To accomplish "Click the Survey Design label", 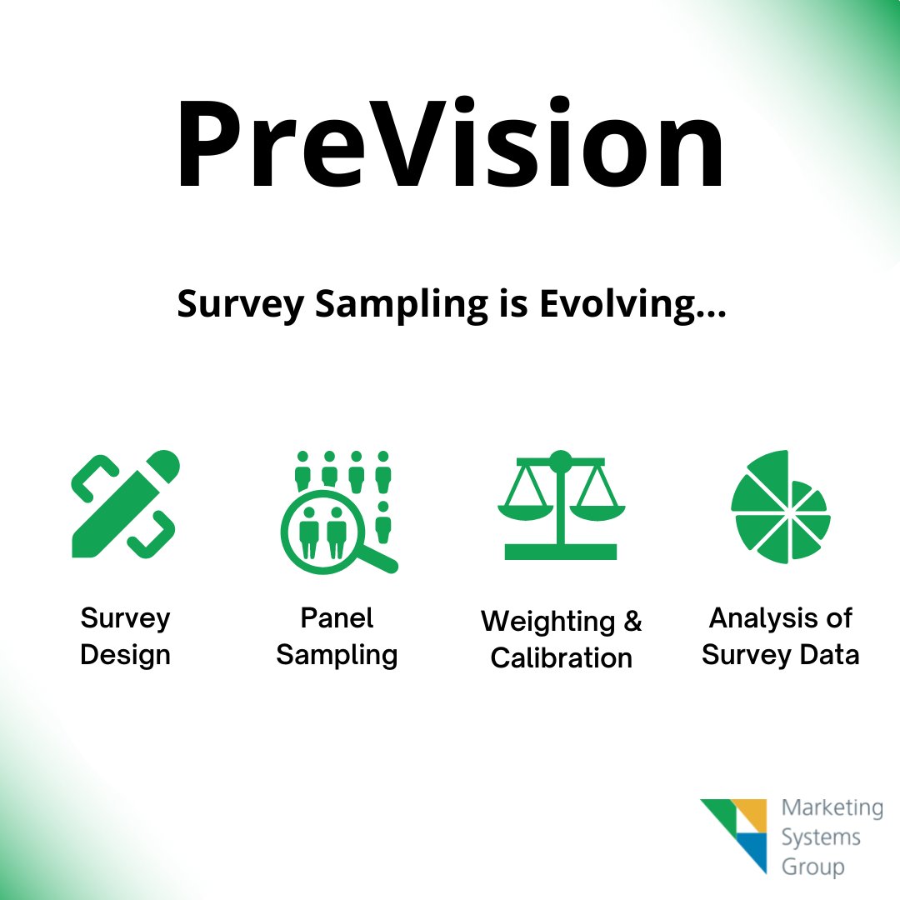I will (x=125, y=637).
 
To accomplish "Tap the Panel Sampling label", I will (x=337, y=637).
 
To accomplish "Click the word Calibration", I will (x=561, y=658).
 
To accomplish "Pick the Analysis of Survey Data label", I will (x=780, y=637).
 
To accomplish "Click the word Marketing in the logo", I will (x=832, y=807).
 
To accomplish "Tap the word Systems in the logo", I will (x=821, y=837).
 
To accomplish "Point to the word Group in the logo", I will (x=812, y=867).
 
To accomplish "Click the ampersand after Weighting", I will (x=632, y=622).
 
